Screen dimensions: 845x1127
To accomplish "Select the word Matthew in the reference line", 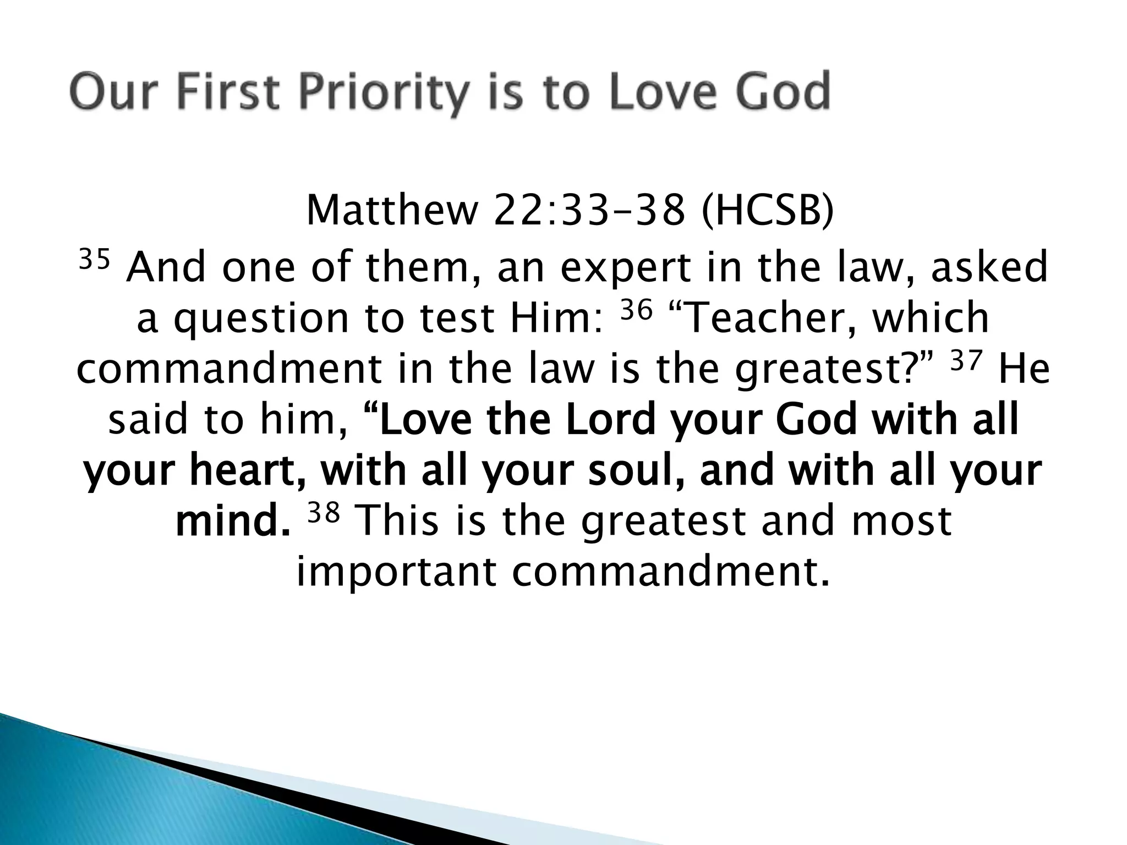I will [391, 211].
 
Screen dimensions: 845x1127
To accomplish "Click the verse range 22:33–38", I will [589, 211].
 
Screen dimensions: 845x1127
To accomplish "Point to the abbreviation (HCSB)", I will [768, 211].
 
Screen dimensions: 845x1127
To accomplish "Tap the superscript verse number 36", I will [636, 311].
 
